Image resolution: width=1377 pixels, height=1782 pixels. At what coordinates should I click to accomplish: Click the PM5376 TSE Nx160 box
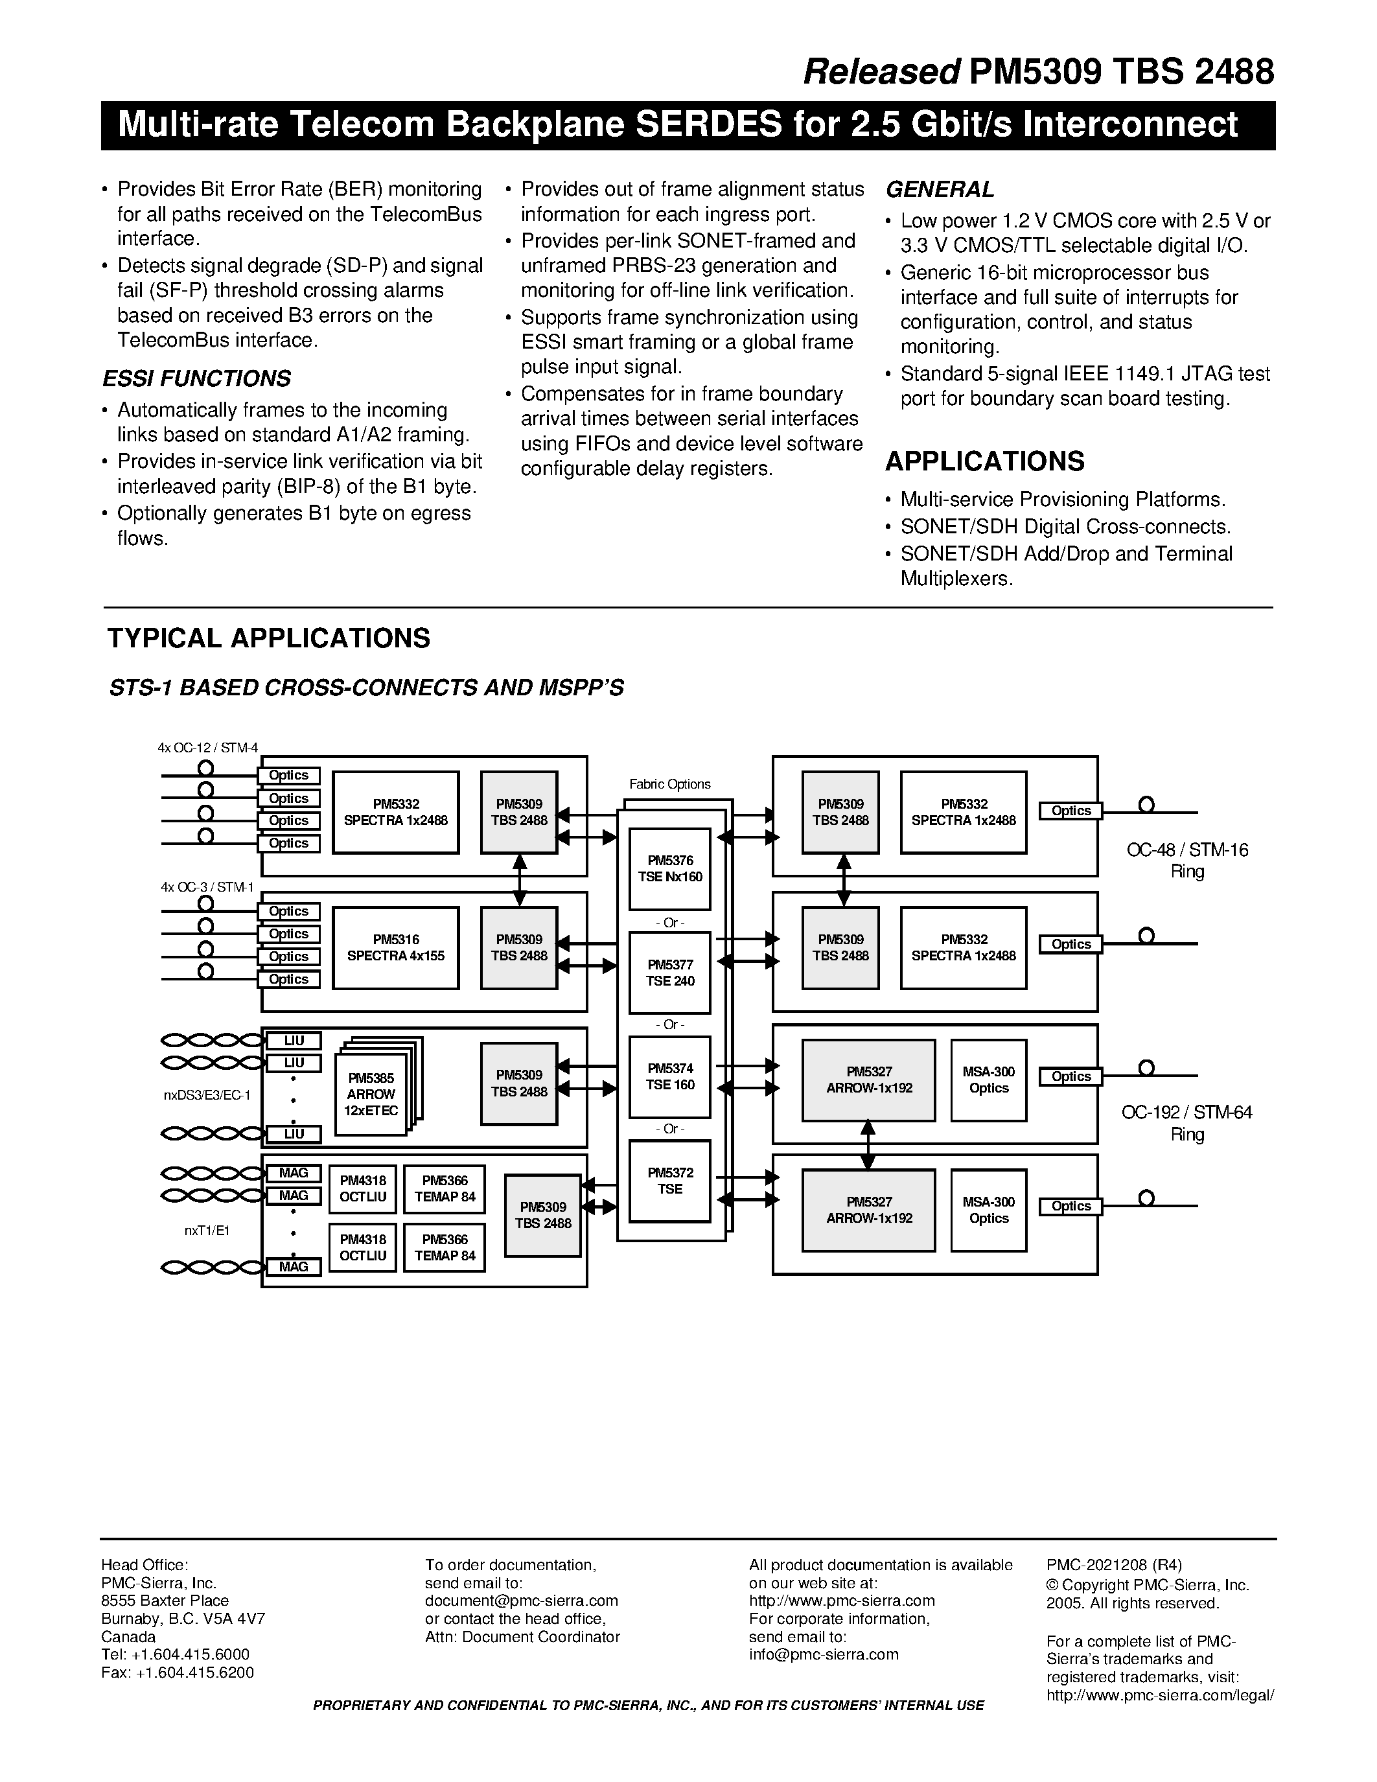pyautogui.click(x=670, y=868)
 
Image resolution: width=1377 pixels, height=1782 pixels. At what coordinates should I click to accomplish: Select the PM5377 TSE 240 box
pyautogui.click(x=670, y=973)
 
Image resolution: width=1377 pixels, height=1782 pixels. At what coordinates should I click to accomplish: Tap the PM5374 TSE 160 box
pyautogui.click(x=670, y=1076)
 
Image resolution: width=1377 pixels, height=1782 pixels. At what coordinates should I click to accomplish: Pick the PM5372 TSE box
pyautogui.click(x=670, y=1181)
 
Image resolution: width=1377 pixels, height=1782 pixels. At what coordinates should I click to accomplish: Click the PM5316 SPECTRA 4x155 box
pyautogui.click(x=396, y=947)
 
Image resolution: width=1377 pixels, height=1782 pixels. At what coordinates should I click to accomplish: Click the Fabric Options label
pyautogui.click(x=670, y=784)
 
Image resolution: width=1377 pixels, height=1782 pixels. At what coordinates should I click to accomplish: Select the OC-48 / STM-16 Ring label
pyautogui.click(x=1187, y=860)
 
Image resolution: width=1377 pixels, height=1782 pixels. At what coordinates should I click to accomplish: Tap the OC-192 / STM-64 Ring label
pyautogui.click(x=1187, y=1123)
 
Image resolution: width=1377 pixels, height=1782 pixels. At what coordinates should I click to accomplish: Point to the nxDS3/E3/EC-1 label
pyautogui.click(x=207, y=1095)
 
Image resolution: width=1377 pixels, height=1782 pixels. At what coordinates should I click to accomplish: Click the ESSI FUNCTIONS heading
pyautogui.click(x=196, y=378)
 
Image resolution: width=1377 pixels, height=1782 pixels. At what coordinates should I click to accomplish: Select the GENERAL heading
pyautogui.click(x=940, y=189)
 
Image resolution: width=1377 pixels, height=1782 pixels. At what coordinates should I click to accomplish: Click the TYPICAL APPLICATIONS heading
pyautogui.click(x=268, y=638)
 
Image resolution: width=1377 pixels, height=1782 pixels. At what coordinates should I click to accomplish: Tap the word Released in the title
pyautogui.click(x=882, y=73)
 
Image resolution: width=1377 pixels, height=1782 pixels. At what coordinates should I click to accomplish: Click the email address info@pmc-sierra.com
pyautogui.click(x=823, y=1655)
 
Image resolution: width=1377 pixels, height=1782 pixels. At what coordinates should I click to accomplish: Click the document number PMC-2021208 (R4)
pyautogui.click(x=1113, y=1565)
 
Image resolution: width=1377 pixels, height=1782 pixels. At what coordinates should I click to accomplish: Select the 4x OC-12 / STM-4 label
pyautogui.click(x=207, y=747)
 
